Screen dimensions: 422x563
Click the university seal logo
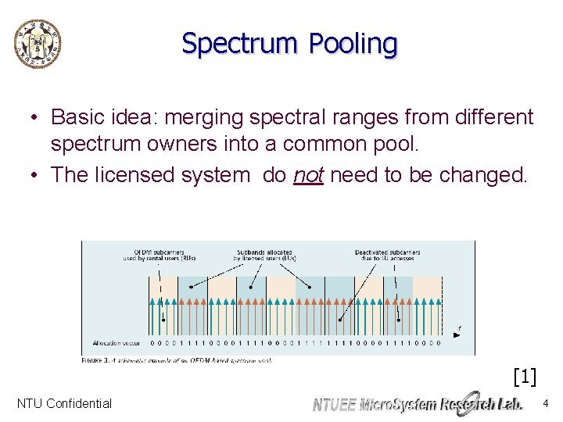(x=37, y=43)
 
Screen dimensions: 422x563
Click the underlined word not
(x=308, y=174)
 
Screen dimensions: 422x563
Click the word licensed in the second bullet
(x=138, y=174)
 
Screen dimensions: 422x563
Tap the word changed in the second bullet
(x=489, y=174)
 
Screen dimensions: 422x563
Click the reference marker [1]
(x=524, y=377)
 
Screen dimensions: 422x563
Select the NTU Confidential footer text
(x=64, y=404)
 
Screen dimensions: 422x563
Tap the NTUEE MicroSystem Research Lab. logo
(x=418, y=403)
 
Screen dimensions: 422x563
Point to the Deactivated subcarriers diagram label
(x=387, y=256)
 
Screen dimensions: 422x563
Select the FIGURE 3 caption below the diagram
(x=177, y=360)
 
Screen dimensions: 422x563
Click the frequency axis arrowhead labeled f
(x=457, y=333)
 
